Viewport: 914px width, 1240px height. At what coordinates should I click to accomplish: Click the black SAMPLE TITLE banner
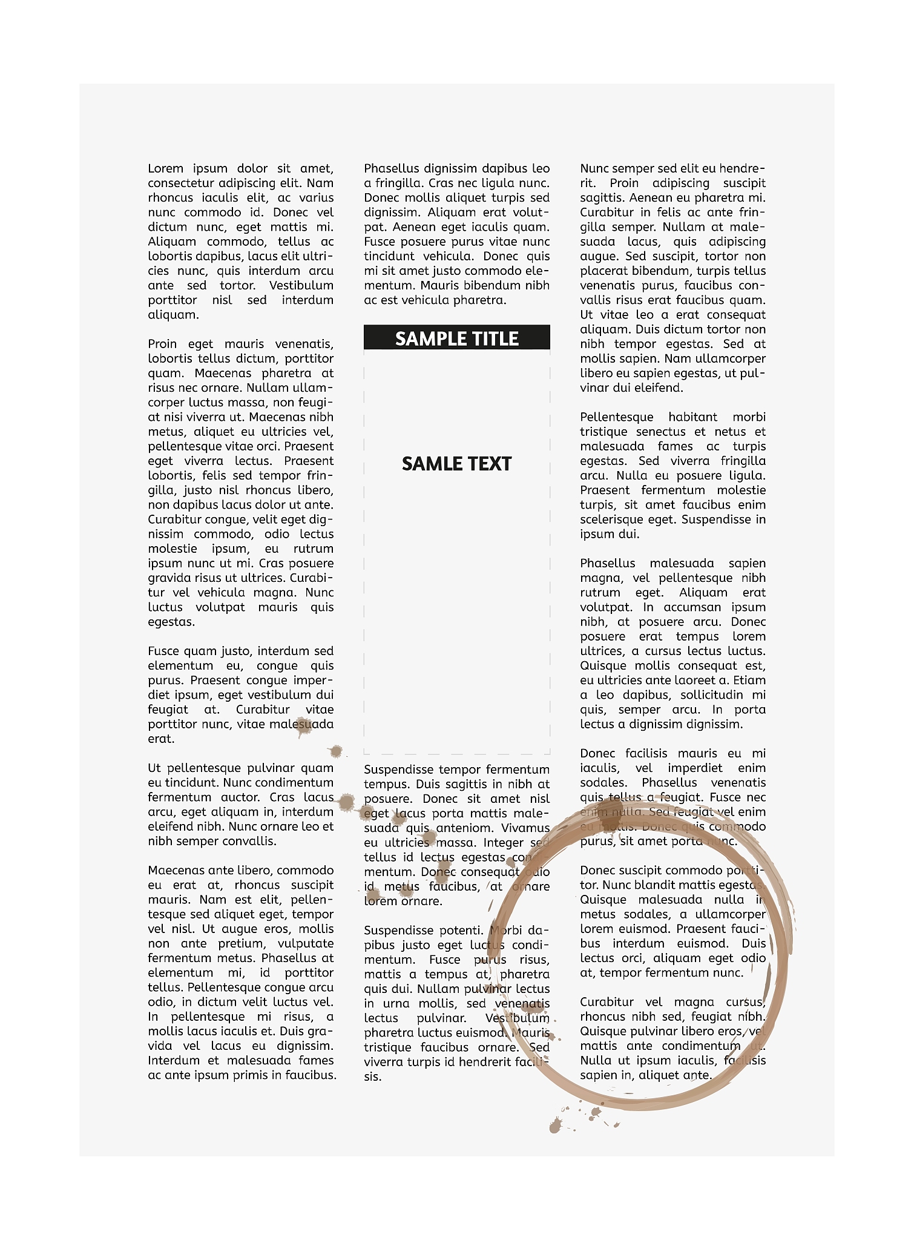click(456, 338)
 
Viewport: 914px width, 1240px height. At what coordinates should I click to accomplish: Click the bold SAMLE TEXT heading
click(456, 464)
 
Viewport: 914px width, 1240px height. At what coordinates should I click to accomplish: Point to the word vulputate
click(305, 943)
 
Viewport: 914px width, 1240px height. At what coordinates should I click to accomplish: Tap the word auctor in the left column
click(240, 797)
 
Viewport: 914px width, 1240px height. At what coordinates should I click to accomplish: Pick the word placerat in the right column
click(604, 271)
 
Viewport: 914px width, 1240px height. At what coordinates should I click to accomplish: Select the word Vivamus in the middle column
click(525, 828)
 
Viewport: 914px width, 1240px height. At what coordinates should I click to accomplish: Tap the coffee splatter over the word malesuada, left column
click(303, 726)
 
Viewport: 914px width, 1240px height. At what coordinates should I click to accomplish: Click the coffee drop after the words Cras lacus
click(346, 802)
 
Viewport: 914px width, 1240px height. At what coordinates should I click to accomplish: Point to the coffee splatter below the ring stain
click(556, 1126)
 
